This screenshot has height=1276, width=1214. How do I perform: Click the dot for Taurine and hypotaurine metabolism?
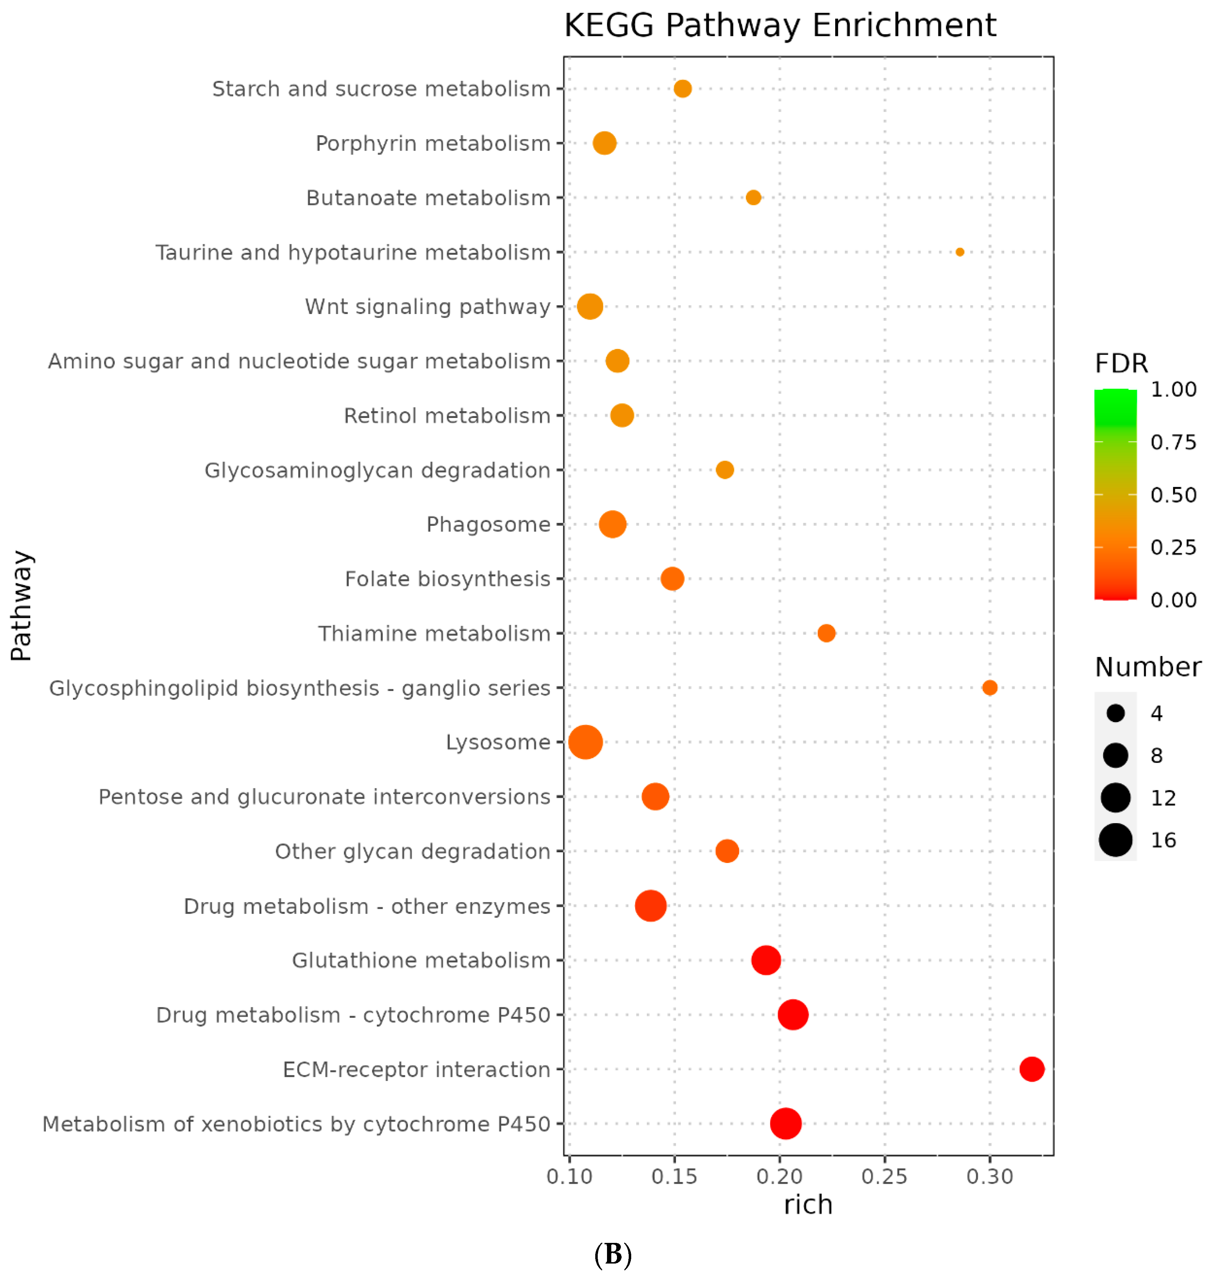coord(960,252)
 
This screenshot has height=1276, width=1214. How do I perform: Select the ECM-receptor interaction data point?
coord(1031,1069)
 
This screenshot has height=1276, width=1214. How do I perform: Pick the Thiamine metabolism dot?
coord(826,633)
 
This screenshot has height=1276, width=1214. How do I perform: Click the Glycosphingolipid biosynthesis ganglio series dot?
coord(989,687)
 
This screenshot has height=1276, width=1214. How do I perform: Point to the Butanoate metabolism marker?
coord(753,197)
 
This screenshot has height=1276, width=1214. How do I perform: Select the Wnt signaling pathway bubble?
coord(590,306)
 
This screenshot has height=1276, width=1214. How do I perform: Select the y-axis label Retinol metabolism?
coord(446,415)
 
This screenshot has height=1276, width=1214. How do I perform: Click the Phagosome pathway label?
coord(488,524)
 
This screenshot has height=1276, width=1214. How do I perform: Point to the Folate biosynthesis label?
coord(447,579)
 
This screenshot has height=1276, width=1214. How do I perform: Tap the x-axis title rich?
coord(807,1205)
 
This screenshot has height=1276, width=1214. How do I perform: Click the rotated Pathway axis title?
coord(21,606)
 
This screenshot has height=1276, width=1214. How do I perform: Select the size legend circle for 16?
coord(1115,840)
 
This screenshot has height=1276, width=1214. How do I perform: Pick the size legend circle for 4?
coord(1115,713)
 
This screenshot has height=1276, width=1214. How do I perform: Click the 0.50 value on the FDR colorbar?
coord(1173,495)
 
